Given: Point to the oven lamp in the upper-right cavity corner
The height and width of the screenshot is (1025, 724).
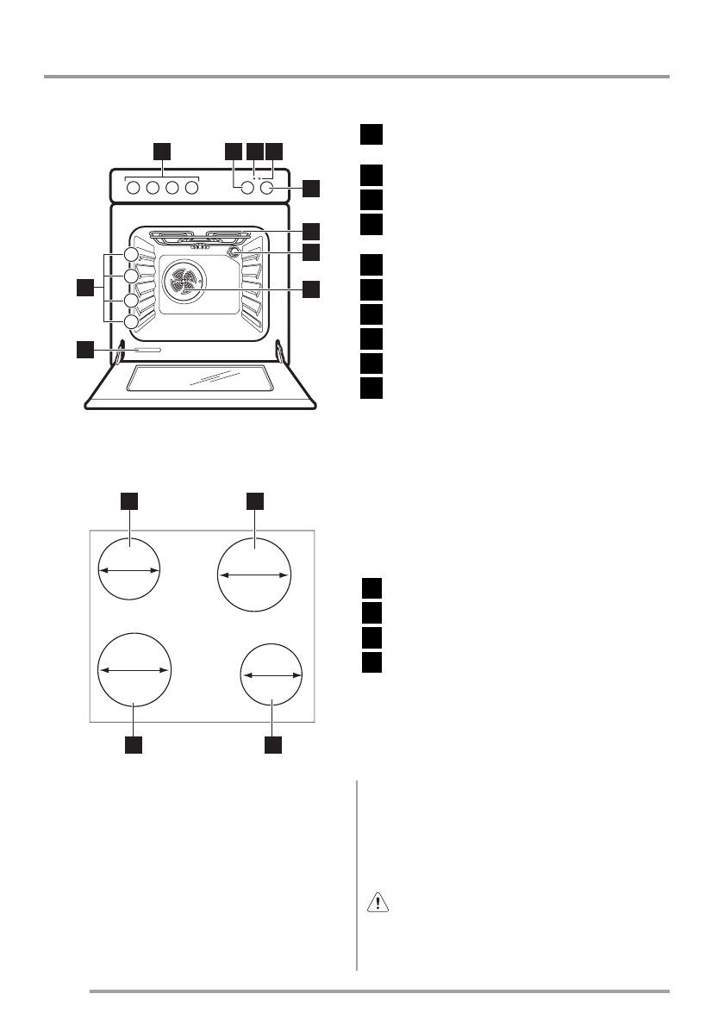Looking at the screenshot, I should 233,252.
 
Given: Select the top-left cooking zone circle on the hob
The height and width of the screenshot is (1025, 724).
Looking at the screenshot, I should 129,569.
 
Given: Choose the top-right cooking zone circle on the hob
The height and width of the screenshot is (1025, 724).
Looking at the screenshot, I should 255,575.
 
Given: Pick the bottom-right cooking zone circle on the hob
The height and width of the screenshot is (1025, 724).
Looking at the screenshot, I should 271,675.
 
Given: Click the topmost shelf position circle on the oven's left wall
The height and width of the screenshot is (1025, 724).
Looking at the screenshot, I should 130,255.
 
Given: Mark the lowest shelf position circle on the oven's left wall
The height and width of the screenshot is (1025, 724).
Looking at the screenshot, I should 130,322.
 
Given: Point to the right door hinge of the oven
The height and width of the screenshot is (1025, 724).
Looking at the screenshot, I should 280,351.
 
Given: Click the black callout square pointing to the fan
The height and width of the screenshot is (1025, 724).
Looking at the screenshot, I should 312,289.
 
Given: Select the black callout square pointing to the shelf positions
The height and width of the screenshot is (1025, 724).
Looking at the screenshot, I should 84,288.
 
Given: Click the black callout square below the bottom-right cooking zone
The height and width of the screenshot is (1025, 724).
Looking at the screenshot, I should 273,745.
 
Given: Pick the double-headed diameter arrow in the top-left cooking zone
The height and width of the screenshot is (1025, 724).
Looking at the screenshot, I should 129,569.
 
